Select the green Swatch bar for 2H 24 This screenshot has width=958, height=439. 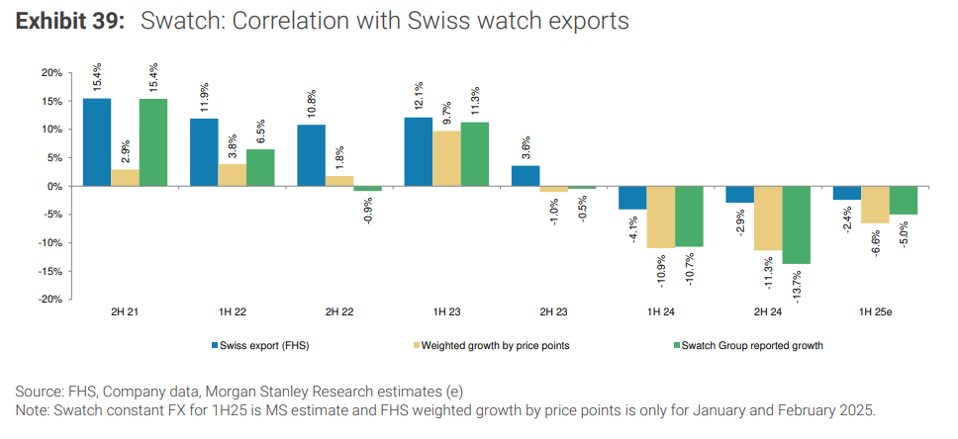pyautogui.click(x=796, y=224)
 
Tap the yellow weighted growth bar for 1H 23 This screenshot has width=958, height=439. pyautogui.click(x=448, y=158)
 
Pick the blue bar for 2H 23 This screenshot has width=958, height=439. pyautogui.click(x=526, y=176)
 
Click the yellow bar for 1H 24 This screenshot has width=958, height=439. pyautogui.click(x=662, y=217)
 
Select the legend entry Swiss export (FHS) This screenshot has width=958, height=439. pyautogui.click(x=255, y=345)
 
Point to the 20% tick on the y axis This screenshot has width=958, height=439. pyautogui.click(x=51, y=73)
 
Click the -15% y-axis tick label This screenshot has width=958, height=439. pyautogui.click(x=50, y=271)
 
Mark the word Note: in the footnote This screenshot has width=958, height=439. pyautogui.click(x=36, y=410)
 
